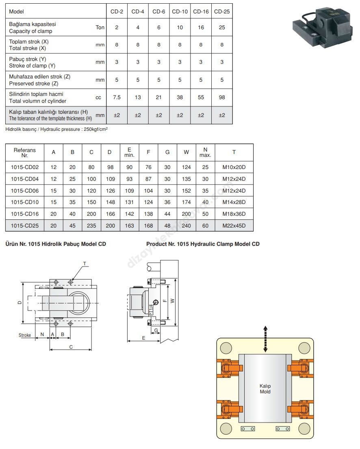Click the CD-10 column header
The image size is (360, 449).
click(x=180, y=11)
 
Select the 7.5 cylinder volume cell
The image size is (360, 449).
click(x=117, y=98)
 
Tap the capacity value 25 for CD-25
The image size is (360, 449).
click(x=222, y=28)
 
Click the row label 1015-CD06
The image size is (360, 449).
click(x=25, y=191)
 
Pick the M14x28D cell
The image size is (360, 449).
click(x=234, y=202)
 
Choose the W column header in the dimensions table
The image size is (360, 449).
click(x=186, y=152)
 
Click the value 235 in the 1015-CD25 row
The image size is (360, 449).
click(x=91, y=226)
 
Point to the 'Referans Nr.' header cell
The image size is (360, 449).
click(x=25, y=153)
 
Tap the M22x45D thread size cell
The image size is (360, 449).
click(x=234, y=226)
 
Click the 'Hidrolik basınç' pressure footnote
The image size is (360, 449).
click(x=56, y=129)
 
